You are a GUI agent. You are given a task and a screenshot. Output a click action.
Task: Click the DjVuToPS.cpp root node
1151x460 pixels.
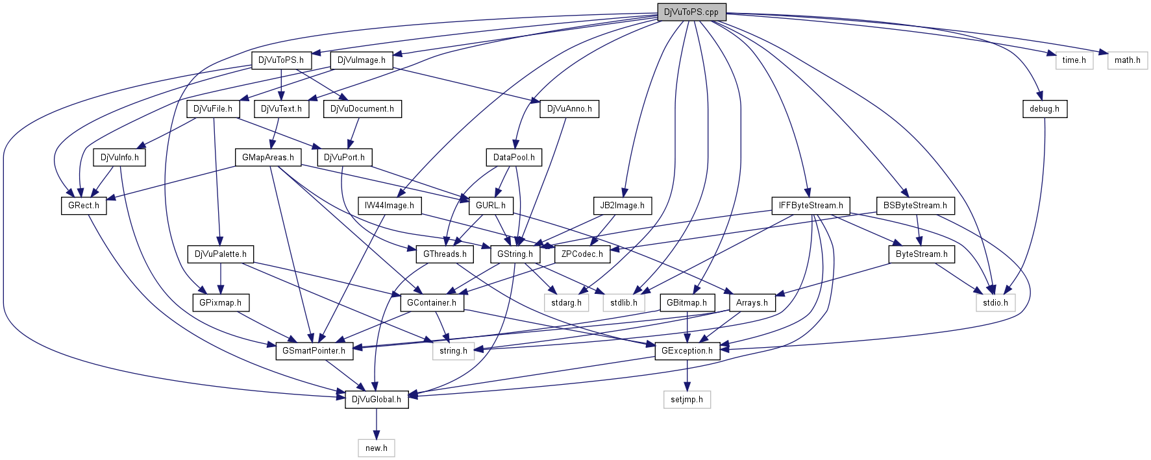pos(691,12)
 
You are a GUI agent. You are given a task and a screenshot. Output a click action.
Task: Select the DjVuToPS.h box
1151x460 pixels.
pos(281,60)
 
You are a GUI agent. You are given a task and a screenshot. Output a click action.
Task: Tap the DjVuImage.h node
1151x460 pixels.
pos(362,60)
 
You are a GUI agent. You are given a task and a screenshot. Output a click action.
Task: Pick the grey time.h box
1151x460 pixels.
pos(1074,60)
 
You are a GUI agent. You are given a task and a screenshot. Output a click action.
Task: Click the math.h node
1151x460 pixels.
pos(1128,60)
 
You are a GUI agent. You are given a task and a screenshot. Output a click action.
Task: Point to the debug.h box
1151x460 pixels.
pos(1044,109)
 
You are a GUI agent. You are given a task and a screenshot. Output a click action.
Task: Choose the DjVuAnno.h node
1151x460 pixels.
pos(569,109)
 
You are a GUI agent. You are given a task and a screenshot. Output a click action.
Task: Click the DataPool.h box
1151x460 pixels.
pos(514,158)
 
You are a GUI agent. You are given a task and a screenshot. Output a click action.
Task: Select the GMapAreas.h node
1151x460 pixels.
pos(268,158)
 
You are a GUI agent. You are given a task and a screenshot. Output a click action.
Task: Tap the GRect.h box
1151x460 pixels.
pos(84,206)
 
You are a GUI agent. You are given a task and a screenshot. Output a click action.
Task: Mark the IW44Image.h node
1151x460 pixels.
pos(390,206)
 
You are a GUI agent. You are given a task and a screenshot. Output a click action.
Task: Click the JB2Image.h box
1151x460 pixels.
pos(622,206)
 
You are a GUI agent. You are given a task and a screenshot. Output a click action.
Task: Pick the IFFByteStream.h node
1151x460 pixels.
pos(811,206)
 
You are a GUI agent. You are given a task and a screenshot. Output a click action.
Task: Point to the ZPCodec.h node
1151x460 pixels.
pos(582,254)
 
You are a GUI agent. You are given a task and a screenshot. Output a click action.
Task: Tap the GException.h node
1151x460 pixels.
pos(687,351)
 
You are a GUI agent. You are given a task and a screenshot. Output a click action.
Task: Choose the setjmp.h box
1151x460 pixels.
pos(687,400)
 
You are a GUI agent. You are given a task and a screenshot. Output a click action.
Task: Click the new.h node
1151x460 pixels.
pos(377,448)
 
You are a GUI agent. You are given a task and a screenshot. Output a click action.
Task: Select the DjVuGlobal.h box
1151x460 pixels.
pos(377,400)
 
